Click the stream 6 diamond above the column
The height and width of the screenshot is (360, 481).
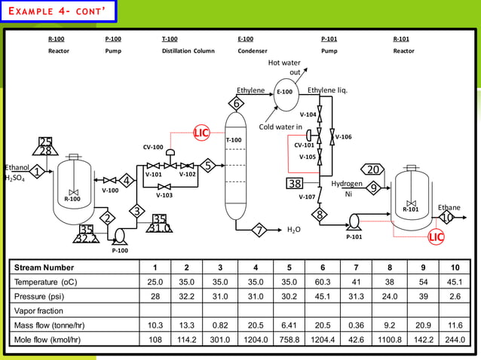pyautogui.click(x=237, y=103)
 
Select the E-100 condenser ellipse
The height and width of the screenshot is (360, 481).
pyautogui.click(x=285, y=91)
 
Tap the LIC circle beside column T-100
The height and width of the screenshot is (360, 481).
pyautogui.click(x=201, y=133)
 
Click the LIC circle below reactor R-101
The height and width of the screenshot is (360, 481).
pyautogui.click(x=437, y=237)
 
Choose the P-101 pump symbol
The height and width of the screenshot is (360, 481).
pyautogui.click(x=352, y=221)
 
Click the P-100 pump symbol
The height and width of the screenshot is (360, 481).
pyautogui.click(x=118, y=236)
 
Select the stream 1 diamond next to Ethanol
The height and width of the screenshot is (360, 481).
pyautogui.click(x=36, y=172)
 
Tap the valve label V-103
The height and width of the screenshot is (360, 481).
pyautogui.click(x=164, y=195)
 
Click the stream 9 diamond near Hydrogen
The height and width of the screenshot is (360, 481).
pyautogui.click(x=372, y=188)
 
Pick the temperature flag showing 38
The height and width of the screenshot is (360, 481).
pyautogui.click(x=296, y=183)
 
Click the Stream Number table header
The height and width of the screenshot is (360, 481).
pyautogui.click(x=44, y=267)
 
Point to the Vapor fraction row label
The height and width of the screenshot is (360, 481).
pyautogui.click(x=38, y=310)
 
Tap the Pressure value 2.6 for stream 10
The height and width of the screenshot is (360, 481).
pyautogui.click(x=455, y=296)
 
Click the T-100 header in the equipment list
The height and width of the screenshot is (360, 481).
pyautogui.click(x=170, y=38)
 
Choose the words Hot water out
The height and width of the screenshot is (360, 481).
pyautogui.click(x=285, y=68)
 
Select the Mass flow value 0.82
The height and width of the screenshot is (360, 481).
pyautogui.click(x=219, y=325)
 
